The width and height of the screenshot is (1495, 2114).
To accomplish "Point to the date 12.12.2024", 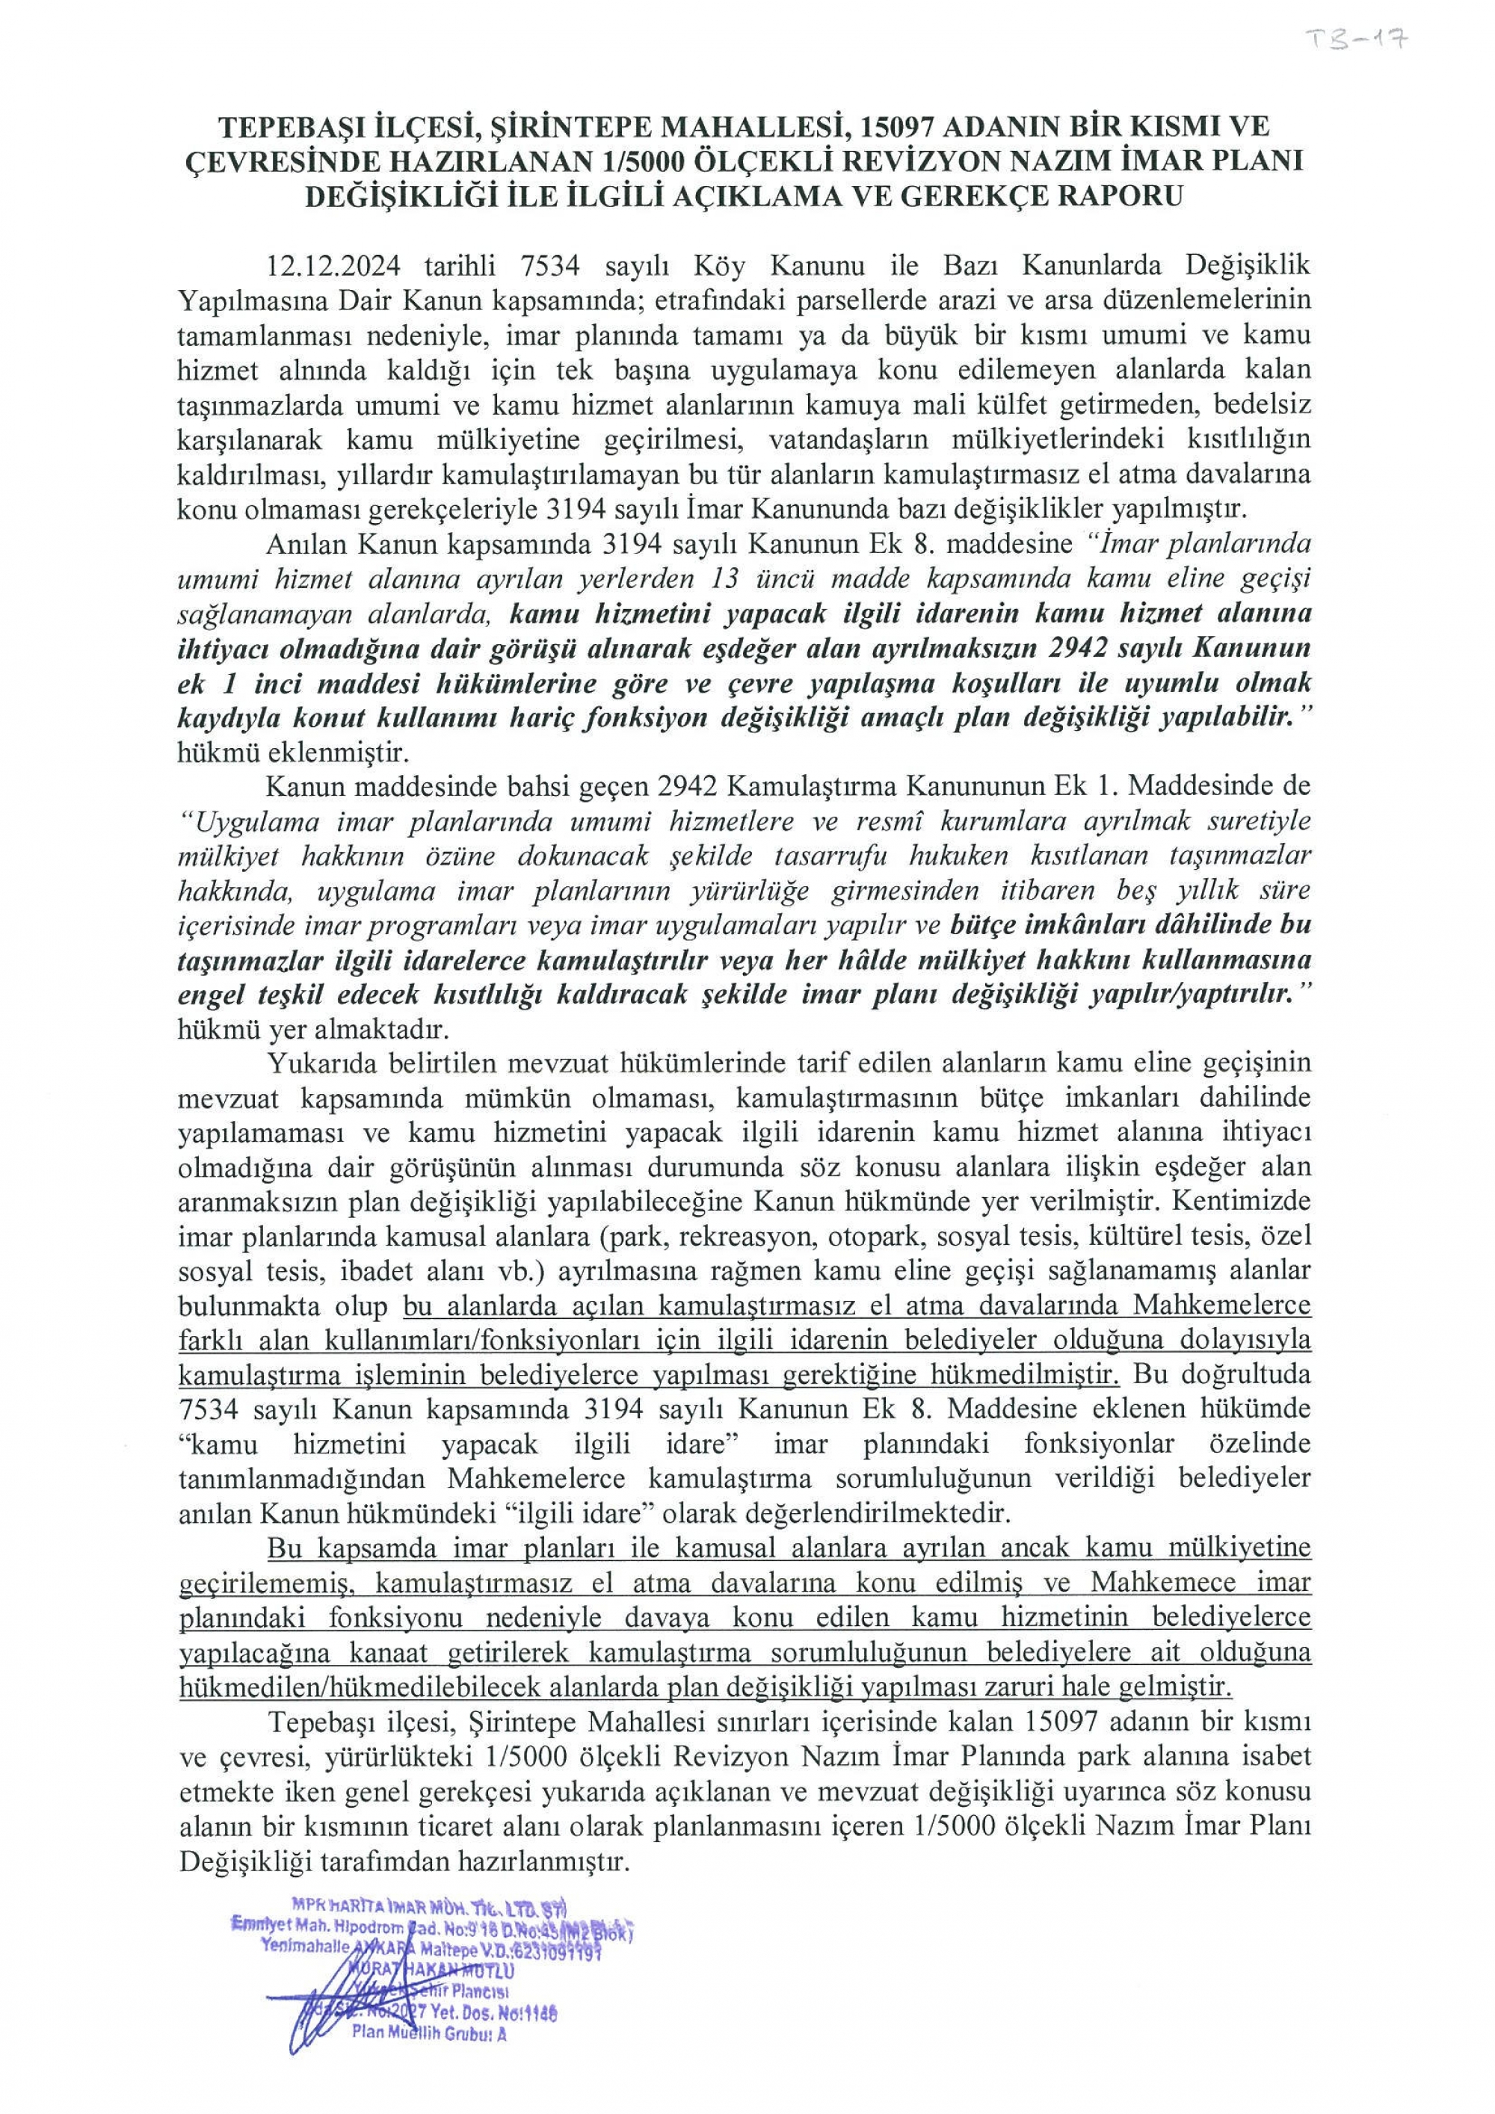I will (x=333, y=266).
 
